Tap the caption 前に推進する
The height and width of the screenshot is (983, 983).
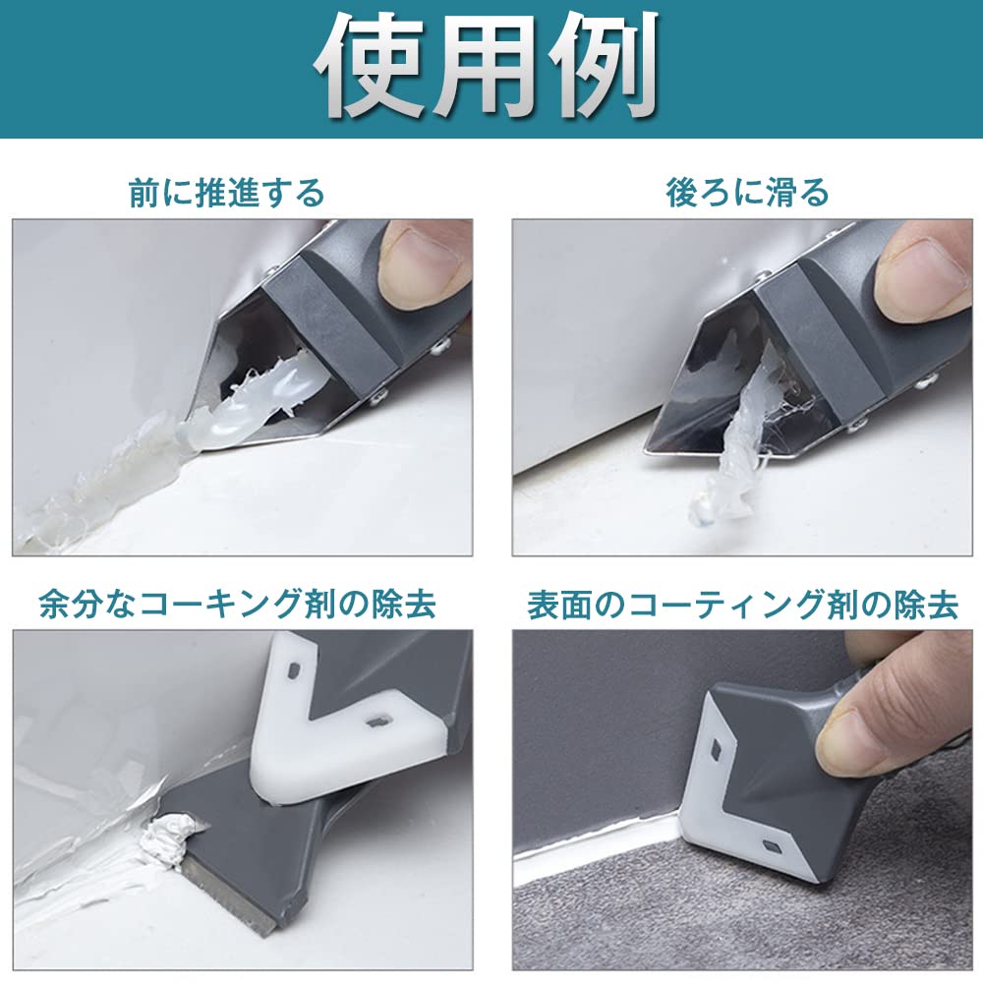[x=227, y=193]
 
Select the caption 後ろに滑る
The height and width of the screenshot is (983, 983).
[x=747, y=193]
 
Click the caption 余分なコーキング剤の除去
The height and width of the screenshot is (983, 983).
[x=237, y=605]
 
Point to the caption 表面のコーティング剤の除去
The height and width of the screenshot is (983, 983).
[x=743, y=605]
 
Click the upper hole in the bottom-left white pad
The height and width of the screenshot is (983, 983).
[x=292, y=671]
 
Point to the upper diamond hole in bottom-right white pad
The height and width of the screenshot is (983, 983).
[x=717, y=748]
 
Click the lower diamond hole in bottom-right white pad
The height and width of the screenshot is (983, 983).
[x=771, y=847]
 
